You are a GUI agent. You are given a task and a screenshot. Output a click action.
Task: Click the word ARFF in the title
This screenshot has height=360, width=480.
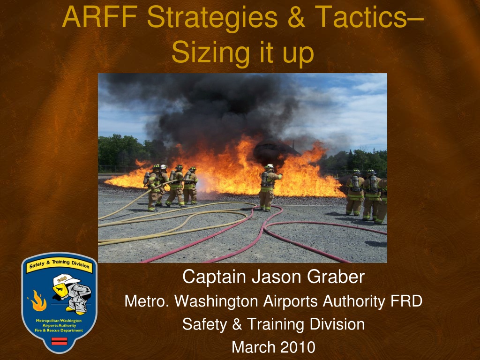coord(100,17)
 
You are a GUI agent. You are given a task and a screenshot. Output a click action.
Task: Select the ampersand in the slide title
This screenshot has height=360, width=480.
coord(296,17)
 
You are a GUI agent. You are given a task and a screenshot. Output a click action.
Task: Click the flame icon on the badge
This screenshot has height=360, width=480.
coord(38,300)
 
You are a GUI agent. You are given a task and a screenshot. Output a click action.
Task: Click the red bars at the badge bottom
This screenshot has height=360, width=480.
coord(59,341)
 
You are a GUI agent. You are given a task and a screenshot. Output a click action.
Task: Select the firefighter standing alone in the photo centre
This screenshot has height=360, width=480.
coord(269,187)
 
